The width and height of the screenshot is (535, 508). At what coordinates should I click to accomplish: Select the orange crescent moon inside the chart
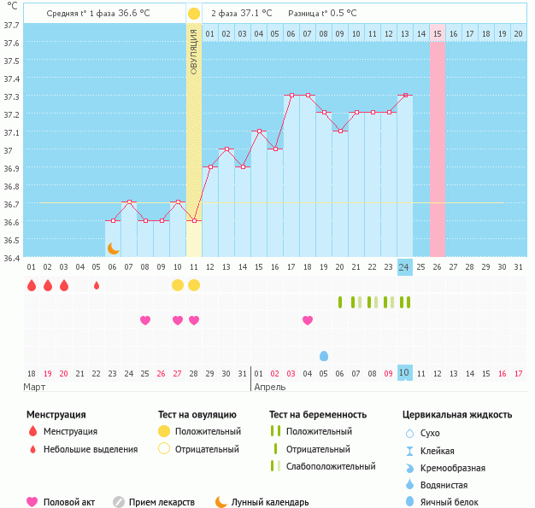point(113,248)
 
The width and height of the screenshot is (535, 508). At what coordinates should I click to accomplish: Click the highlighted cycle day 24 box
point(404,267)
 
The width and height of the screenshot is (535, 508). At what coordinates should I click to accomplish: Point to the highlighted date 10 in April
point(404,373)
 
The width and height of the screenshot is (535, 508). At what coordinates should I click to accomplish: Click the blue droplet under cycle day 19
point(324,355)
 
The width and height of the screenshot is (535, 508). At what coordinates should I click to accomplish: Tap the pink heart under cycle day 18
point(308,320)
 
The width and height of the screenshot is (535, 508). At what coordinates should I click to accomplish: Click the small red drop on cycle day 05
point(97,285)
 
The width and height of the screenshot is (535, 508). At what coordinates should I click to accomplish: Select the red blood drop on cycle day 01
point(32,285)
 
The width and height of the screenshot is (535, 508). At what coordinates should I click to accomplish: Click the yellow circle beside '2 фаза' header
point(194,14)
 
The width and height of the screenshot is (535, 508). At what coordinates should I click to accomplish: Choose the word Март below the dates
point(34,387)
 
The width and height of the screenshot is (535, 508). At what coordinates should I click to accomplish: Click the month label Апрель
point(271,387)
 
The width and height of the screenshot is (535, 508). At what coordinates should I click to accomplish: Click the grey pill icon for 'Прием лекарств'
point(119,502)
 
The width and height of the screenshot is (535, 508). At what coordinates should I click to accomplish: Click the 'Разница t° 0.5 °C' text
point(322,14)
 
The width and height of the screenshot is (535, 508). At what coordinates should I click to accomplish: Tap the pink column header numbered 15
point(438,33)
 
